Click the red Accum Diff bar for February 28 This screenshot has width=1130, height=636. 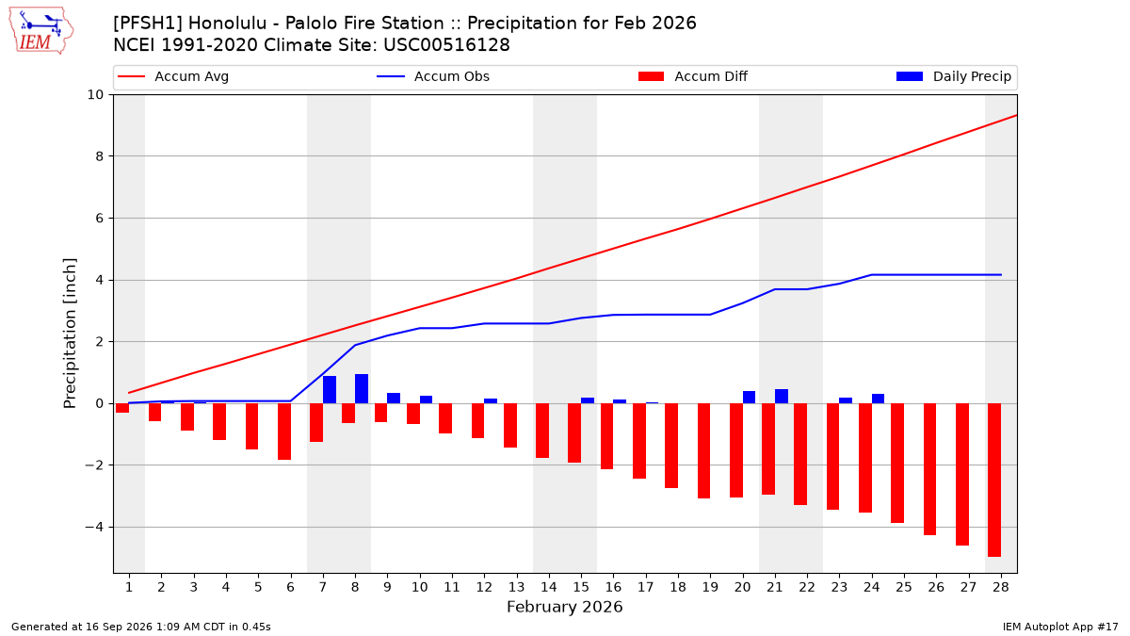(994, 480)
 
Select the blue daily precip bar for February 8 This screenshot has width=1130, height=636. (362, 388)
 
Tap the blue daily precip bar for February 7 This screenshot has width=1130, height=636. (330, 390)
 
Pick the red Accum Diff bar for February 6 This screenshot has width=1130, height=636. (284, 432)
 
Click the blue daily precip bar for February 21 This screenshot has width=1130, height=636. (782, 397)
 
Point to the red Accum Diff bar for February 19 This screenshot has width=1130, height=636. (703, 450)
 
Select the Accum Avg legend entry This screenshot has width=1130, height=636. (173, 76)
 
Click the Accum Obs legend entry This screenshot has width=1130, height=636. (433, 76)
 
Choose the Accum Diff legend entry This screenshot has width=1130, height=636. (693, 76)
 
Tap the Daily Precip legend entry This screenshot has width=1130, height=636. (953, 76)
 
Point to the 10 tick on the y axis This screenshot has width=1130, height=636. (95, 95)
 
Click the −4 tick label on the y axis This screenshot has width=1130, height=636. (94, 527)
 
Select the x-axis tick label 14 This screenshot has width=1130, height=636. (549, 587)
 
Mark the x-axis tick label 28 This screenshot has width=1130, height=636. (1001, 587)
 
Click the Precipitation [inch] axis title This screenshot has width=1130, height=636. (70, 334)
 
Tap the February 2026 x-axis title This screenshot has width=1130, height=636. (565, 607)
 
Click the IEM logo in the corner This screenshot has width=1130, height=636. (41, 31)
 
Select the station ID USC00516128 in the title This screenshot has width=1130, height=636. (446, 45)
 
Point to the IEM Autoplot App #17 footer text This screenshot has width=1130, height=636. (1060, 627)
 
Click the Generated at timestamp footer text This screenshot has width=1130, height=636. (140, 627)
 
